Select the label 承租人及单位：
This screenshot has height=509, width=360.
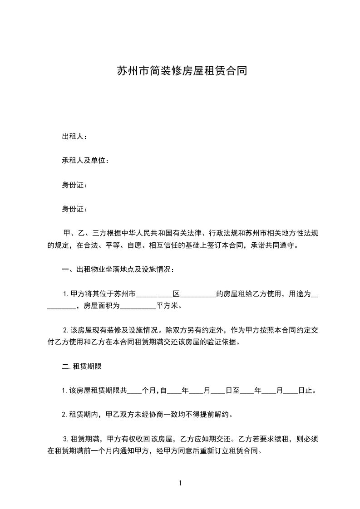click(x=85, y=161)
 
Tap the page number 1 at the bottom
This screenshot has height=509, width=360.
click(x=180, y=483)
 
